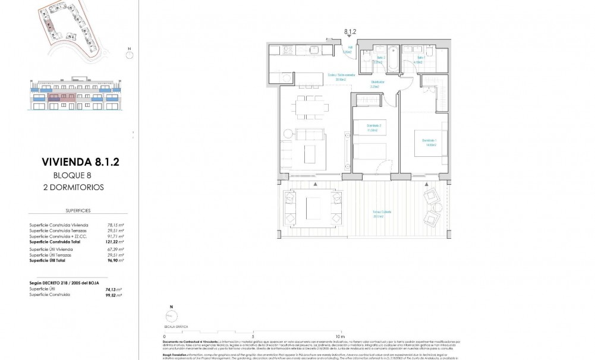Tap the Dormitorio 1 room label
(429, 140)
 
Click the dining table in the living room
(309, 107)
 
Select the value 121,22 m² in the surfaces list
(115, 242)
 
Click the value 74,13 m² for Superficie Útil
(115, 289)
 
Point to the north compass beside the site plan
(129, 52)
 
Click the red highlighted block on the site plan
(51, 24)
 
